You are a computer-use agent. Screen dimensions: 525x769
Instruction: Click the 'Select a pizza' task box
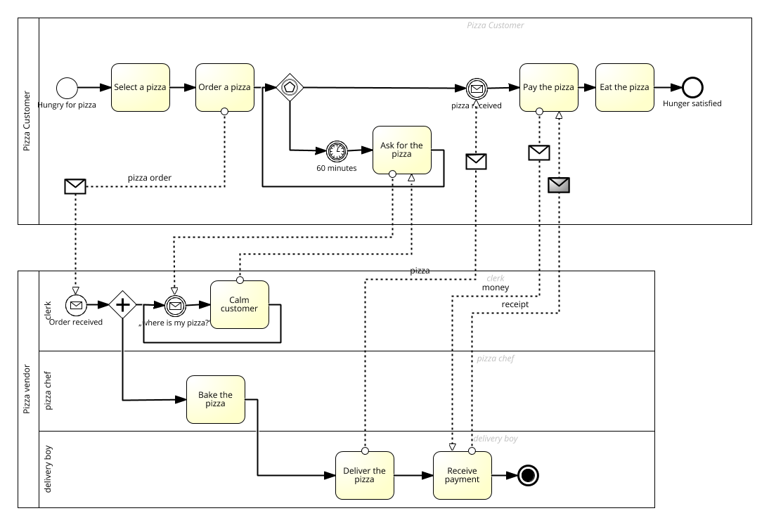141,87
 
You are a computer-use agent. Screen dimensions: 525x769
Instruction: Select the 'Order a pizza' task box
224,87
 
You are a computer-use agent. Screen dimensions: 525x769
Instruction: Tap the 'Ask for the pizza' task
401,150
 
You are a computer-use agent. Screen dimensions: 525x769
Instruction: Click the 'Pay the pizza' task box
548,87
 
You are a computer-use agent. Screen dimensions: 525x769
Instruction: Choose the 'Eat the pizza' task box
624,87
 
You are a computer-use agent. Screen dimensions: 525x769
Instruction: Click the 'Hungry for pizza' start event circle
67,88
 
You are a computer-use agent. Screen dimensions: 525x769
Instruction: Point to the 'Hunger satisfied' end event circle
692,87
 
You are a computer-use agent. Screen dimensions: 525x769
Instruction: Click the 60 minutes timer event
337,150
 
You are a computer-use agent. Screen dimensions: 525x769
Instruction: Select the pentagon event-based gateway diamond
288,87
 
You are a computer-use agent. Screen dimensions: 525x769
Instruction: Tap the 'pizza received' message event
476,89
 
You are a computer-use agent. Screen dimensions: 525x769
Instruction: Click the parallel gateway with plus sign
123,304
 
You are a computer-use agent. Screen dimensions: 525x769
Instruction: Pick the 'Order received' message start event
76,305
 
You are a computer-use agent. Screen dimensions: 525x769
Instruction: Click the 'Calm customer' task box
239,304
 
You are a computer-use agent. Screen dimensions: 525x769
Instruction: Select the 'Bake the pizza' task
215,399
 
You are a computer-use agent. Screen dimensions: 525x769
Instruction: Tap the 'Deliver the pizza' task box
364,475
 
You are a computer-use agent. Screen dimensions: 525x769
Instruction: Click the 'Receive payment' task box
462,475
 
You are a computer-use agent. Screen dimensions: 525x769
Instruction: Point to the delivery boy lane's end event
529,476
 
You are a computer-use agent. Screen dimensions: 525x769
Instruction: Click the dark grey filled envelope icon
559,185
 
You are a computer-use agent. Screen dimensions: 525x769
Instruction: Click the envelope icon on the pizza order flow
75,186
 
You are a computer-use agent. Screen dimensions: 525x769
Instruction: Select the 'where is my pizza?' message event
174,305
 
